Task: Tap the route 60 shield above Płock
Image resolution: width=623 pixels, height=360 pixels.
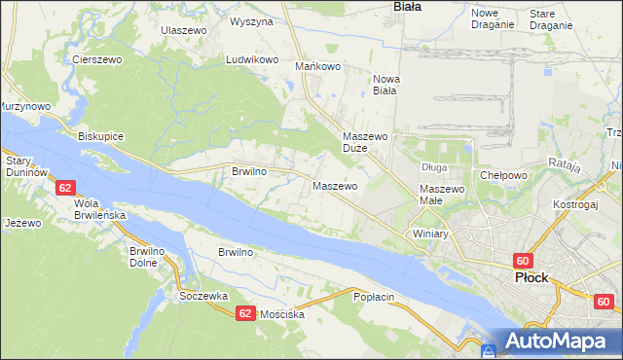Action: pyautogui.click(x=523, y=261)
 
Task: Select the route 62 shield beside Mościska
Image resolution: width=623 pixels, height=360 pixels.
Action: pyautogui.click(x=245, y=312)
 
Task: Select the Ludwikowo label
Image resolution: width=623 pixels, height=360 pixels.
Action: pyautogui.click(x=253, y=59)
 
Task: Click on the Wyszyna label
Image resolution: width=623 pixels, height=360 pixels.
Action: pyautogui.click(x=251, y=20)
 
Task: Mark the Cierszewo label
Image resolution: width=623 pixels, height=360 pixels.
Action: pyautogui.click(x=96, y=59)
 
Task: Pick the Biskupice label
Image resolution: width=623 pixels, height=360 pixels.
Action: pyautogui.click(x=101, y=136)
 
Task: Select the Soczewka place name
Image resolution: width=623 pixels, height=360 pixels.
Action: pyautogui.click(x=203, y=296)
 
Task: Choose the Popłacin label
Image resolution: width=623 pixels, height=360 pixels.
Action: pyautogui.click(x=375, y=296)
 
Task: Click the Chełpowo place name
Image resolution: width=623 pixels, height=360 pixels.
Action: pyautogui.click(x=503, y=176)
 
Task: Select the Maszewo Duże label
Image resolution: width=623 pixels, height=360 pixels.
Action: pyautogui.click(x=366, y=143)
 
